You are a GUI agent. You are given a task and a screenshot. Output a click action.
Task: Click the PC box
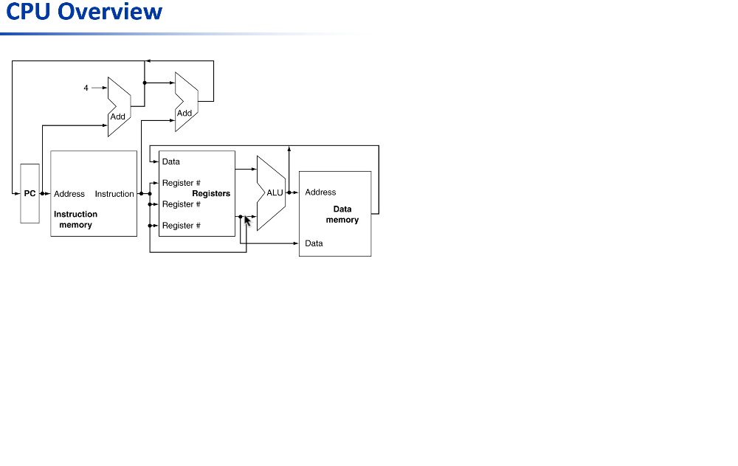(x=30, y=194)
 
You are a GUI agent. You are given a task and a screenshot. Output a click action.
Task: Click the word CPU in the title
(x=29, y=13)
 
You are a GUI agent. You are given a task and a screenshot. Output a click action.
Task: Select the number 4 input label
(x=86, y=88)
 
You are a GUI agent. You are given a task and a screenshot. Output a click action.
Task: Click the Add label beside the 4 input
(x=118, y=116)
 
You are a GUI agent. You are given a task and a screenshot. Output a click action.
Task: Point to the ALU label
(x=275, y=193)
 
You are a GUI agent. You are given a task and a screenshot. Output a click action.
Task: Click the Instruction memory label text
(x=75, y=219)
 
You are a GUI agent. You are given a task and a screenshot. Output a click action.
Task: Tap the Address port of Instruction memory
(x=69, y=194)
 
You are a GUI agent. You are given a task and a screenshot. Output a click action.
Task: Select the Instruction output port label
(x=114, y=194)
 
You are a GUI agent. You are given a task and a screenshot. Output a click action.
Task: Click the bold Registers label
(x=211, y=193)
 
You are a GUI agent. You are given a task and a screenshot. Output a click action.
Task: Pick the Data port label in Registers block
(x=170, y=161)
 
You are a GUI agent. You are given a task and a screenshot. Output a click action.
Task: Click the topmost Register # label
(x=181, y=183)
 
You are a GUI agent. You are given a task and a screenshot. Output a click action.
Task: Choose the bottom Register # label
(x=181, y=226)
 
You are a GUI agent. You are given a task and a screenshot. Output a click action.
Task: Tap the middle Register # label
(x=181, y=204)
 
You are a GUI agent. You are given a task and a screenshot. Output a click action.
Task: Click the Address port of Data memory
(x=320, y=192)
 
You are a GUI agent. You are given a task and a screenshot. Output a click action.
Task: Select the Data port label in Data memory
(x=314, y=243)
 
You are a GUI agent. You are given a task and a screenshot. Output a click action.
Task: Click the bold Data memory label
(x=342, y=215)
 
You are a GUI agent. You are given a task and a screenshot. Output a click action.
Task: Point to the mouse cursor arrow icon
(x=247, y=220)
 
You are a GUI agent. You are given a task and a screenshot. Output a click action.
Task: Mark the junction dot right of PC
(x=43, y=194)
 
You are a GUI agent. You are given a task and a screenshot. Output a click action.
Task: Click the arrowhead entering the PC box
(x=17, y=194)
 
